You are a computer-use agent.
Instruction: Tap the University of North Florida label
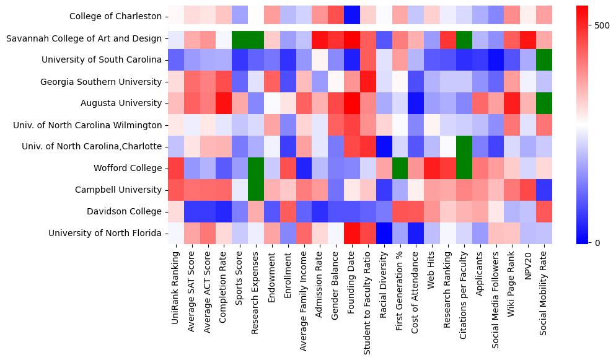coord(105,233)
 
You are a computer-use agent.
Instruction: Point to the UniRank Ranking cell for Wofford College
coord(175,168)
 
